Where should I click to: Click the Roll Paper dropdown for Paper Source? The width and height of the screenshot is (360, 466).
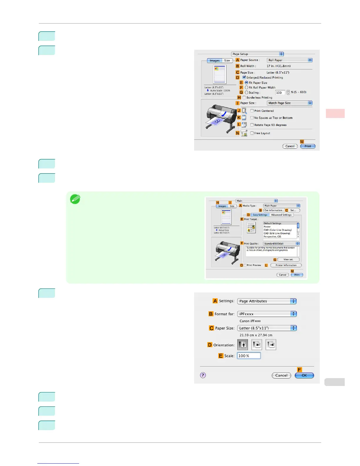[289, 60]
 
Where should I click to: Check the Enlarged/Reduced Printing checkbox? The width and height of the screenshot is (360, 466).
[244, 77]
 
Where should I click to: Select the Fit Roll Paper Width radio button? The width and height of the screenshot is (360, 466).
[246, 87]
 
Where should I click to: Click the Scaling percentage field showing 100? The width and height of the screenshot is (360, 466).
[280, 93]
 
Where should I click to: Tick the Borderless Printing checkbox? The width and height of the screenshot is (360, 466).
[244, 97]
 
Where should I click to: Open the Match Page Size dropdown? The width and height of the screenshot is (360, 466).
[289, 103]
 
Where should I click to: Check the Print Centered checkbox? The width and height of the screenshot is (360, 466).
[252, 111]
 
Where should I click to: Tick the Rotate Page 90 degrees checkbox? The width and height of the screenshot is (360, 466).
[252, 125]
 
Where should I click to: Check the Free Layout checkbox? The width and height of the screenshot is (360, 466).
[252, 133]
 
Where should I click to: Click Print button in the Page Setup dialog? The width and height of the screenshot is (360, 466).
[308, 146]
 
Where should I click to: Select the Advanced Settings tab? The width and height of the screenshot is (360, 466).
[281, 215]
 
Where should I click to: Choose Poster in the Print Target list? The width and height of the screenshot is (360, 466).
[267, 227]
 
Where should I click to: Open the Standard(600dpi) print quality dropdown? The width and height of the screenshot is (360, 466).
[281, 244]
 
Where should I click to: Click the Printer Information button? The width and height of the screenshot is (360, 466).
[286, 265]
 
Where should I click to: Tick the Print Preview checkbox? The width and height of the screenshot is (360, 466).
[245, 265]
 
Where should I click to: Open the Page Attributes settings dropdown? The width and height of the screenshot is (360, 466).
[267, 301]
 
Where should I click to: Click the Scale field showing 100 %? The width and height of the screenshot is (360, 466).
[249, 356]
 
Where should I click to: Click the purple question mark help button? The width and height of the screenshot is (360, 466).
[203, 375]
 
